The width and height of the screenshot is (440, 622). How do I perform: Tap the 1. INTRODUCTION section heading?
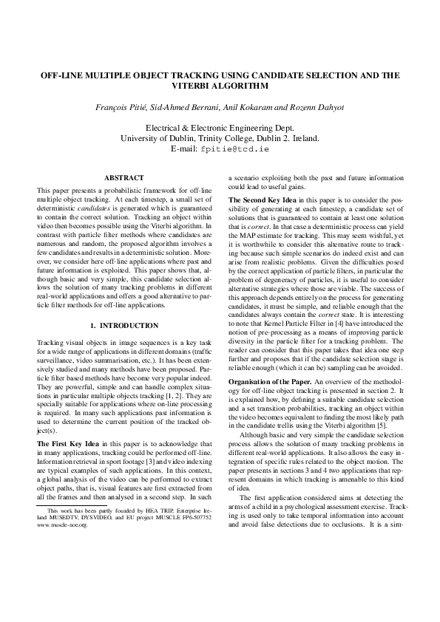pyautogui.click(x=123, y=325)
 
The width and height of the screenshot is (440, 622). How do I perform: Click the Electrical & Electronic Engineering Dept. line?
pyautogui.click(x=220, y=127)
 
